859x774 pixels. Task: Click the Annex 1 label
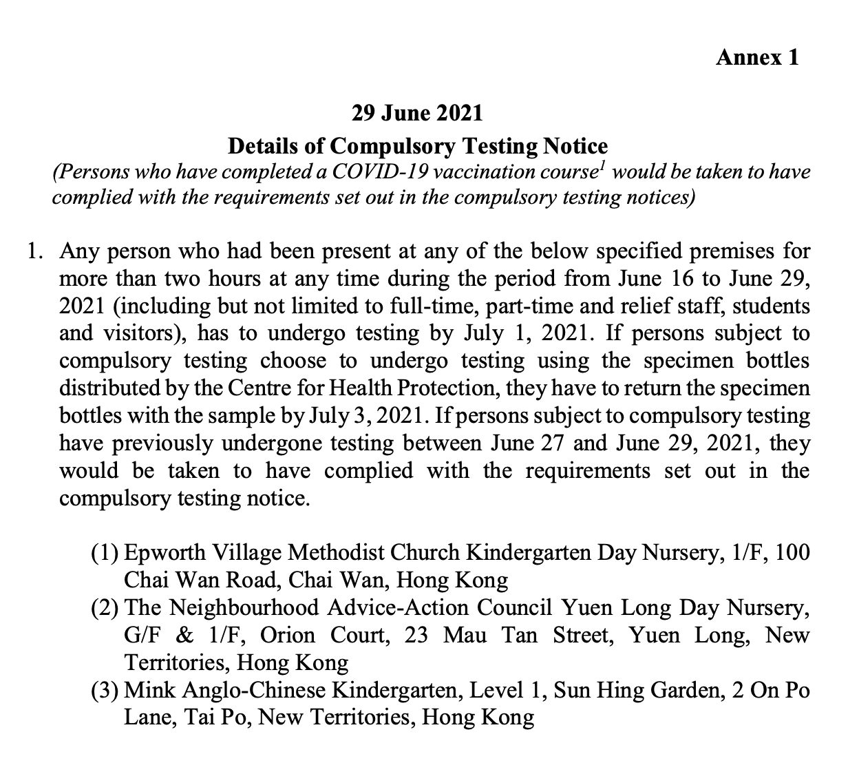click(x=757, y=57)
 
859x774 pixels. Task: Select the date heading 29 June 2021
click(x=417, y=112)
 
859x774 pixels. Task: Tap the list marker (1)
click(x=105, y=553)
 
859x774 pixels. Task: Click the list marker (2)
click(x=105, y=608)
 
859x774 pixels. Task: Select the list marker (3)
click(x=105, y=691)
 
